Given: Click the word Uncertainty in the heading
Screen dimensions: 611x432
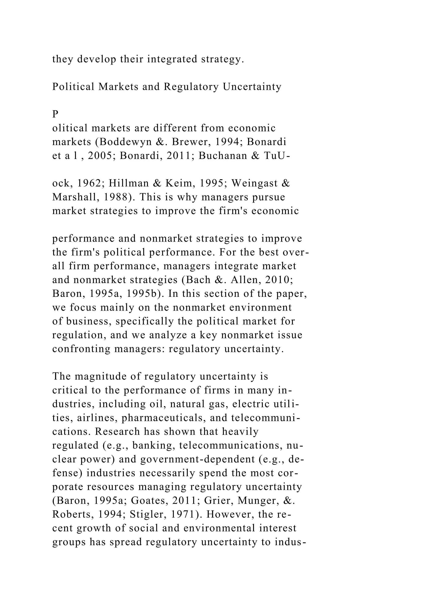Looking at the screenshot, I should pos(252,87).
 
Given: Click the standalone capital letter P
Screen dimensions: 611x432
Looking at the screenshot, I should pos(55,114).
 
